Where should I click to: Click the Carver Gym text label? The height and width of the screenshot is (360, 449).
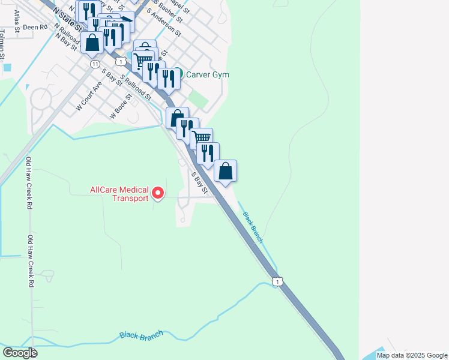click(208, 75)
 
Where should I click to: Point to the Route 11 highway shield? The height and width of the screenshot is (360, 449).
click(95, 64)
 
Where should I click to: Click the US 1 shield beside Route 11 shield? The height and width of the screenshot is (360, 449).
click(122, 61)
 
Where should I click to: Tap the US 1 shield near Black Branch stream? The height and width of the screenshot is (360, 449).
click(276, 281)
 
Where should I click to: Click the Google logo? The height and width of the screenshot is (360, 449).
click(20, 352)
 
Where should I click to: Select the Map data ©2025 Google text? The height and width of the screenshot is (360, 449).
click(412, 355)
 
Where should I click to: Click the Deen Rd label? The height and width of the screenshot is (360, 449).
click(35, 27)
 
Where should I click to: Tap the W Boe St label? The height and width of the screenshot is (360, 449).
click(121, 105)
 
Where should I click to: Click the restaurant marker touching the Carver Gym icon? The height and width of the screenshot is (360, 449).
click(169, 79)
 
